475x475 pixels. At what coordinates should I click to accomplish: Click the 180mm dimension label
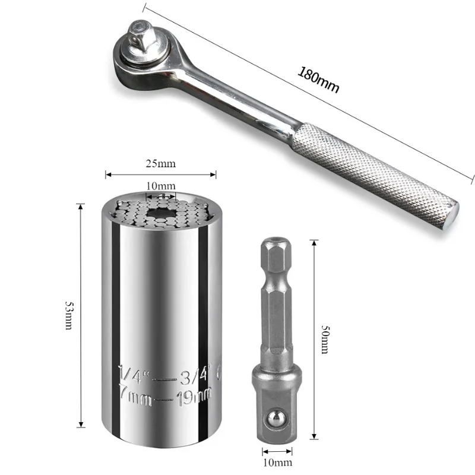[318, 80]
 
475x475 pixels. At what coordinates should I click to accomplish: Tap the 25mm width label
[160, 164]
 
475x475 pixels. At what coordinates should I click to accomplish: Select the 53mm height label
[69, 315]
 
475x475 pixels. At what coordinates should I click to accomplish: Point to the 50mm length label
[325, 340]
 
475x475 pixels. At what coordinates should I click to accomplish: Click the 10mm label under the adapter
[277, 463]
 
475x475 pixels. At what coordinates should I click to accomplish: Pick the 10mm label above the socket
[160, 186]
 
